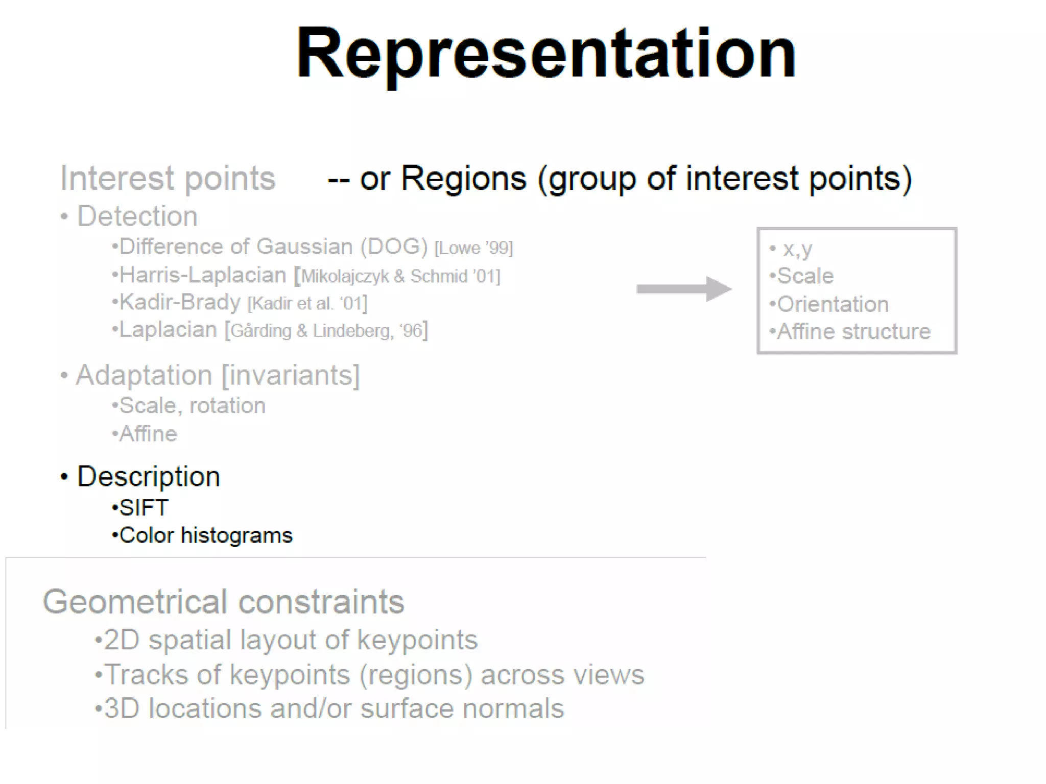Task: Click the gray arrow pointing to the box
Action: pos(683,289)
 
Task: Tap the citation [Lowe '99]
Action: pos(473,248)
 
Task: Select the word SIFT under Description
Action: pos(144,508)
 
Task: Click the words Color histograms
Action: pos(206,535)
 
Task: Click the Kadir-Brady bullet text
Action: pos(180,302)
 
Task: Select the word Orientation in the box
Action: pos(833,304)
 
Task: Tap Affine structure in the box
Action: pos(853,332)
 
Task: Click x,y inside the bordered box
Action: pos(797,249)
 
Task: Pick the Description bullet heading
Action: pos(149,477)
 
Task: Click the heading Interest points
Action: pos(168,178)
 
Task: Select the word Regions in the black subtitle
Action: pos(463,179)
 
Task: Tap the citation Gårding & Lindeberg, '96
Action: pos(327,331)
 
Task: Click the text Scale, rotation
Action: pos(192,406)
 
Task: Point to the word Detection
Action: pos(137,216)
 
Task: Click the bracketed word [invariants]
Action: pos(291,375)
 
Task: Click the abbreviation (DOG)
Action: pos(394,247)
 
